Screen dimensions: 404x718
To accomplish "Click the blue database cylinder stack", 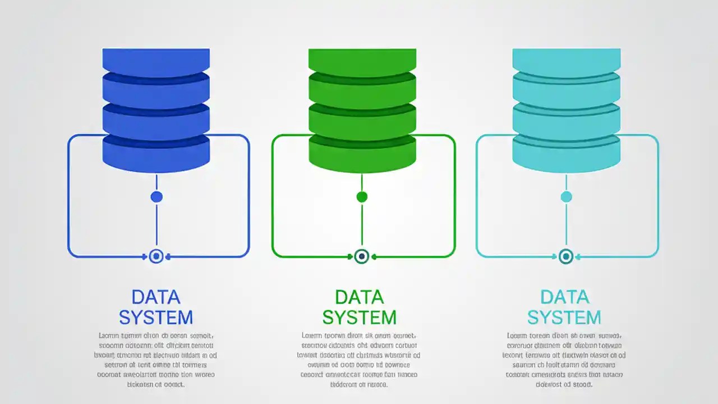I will coord(156,110).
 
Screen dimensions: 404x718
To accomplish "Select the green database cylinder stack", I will coord(362,110).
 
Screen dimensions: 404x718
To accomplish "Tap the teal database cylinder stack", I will coord(567,110).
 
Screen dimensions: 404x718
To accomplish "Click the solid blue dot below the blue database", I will coord(157,196).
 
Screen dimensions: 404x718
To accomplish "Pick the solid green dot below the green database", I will coord(362,196).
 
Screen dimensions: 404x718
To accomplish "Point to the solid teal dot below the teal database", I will coord(566,196).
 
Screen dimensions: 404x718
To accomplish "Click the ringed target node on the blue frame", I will coord(157,256).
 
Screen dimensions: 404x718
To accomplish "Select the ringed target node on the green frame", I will coord(362,256).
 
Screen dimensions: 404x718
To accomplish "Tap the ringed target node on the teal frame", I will coord(566,256).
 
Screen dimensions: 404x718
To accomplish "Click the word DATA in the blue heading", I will coord(156,297).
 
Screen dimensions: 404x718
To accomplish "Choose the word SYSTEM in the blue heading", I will coord(156,318).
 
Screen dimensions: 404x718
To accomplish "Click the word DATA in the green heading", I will coord(360,297).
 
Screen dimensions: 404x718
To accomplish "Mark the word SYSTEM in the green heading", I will coord(360,318).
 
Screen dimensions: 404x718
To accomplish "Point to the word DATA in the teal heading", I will coord(564,297).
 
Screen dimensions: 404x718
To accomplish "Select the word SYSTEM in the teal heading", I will coord(564,318).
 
